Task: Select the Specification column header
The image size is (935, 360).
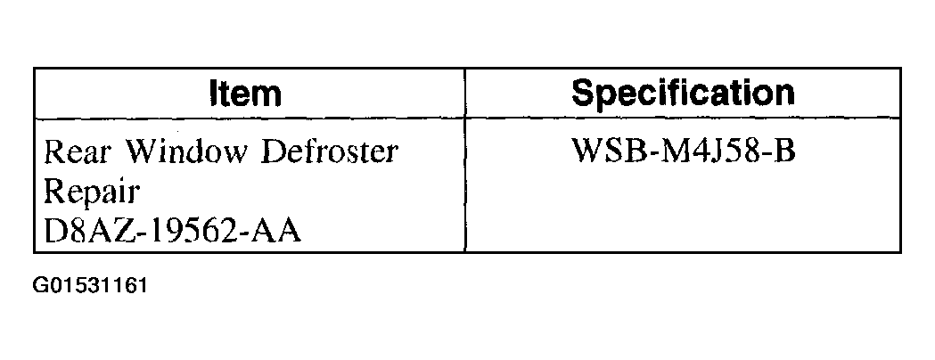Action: pos(683,93)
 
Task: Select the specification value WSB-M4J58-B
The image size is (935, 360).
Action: pos(683,151)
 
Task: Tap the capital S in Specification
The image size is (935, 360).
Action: pos(583,93)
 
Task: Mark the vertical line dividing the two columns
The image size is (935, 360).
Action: pos(465,160)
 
